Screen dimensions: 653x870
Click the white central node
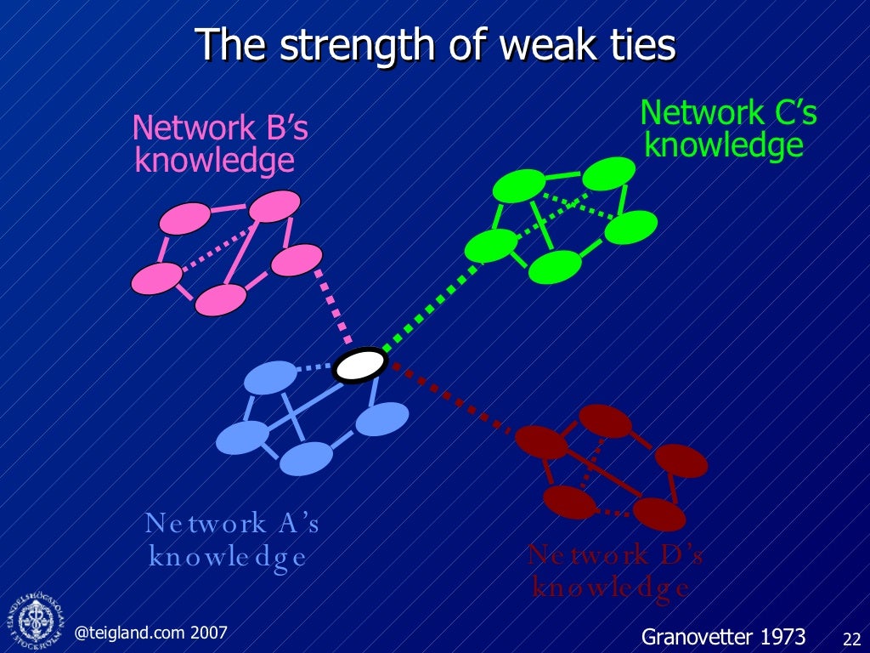[x=360, y=365]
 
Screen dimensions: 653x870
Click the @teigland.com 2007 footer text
[x=151, y=632]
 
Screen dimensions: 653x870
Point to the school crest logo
[x=36, y=617]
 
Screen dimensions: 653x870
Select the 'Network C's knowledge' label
[x=727, y=128]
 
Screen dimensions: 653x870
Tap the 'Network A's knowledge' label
[x=231, y=539]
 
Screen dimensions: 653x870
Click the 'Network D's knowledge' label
[x=614, y=571]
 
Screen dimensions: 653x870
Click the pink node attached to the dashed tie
[x=297, y=259]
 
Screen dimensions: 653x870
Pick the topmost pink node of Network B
[x=274, y=206]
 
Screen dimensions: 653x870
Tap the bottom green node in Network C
[x=555, y=267]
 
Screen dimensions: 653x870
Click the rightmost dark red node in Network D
[x=681, y=461]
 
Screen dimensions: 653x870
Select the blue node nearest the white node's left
[x=270, y=378]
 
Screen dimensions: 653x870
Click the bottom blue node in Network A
[x=306, y=459]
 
